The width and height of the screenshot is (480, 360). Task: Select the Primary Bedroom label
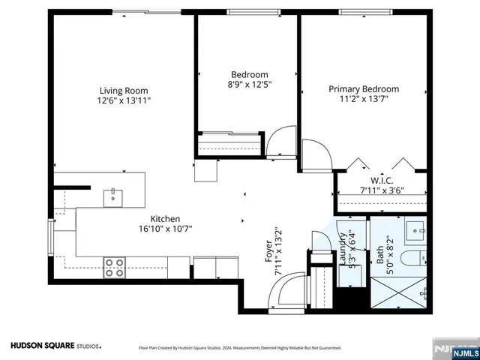364,88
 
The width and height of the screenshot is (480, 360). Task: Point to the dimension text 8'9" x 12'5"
249,85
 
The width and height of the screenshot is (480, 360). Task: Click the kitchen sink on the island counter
114,196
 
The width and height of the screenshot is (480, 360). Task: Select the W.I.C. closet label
383,180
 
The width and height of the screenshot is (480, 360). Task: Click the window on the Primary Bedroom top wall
363,12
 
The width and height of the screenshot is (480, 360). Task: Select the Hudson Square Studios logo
54,346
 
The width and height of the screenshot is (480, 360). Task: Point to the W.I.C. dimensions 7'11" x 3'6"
383,190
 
